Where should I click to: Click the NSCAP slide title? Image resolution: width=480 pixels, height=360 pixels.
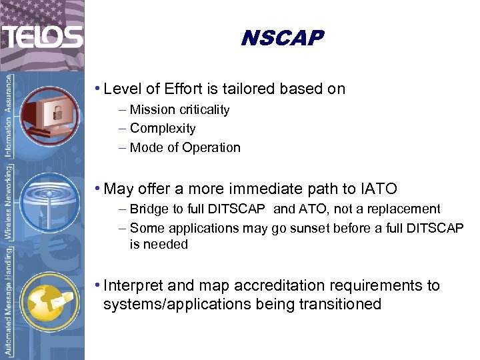[x=281, y=38]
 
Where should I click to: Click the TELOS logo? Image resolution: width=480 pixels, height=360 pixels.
[x=41, y=36]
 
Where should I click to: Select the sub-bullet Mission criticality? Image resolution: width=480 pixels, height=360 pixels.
[x=179, y=110]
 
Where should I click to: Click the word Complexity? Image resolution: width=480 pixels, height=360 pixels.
[x=163, y=129]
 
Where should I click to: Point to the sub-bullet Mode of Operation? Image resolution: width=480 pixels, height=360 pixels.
[x=185, y=148]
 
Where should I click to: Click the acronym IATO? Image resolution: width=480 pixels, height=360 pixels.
[x=377, y=189]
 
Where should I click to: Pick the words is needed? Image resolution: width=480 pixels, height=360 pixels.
[x=159, y=245]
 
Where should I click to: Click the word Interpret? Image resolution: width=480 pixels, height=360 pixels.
[x=133, y=286]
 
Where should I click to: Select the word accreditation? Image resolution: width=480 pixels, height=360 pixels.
[x=253, y=286]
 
